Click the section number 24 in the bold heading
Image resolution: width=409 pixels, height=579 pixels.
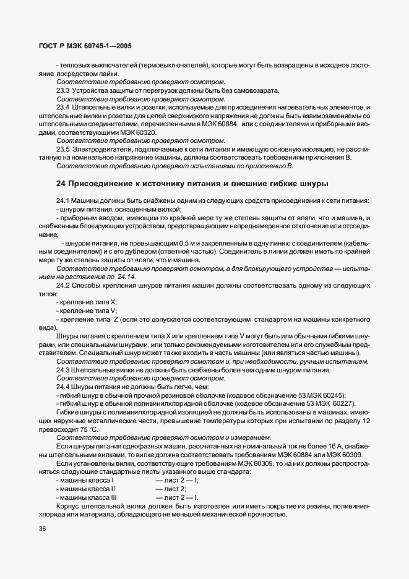61,184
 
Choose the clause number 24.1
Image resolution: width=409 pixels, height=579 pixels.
63,200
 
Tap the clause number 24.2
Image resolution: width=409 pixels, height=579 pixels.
63,285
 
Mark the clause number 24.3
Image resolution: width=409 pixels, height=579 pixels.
63,370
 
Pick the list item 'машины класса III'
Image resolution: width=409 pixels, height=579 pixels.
87,497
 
